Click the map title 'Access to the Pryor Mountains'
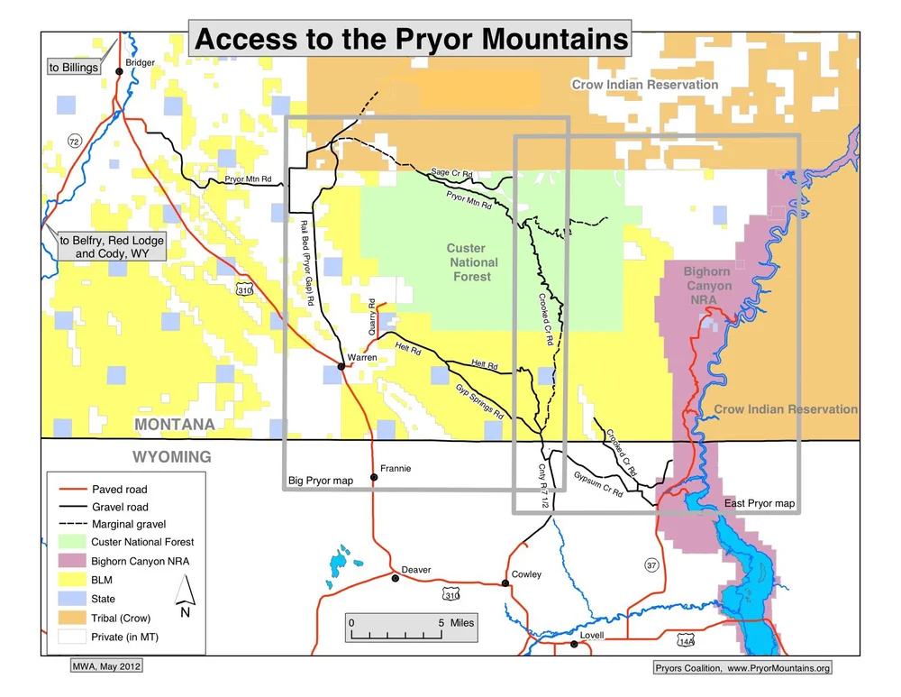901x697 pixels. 410,40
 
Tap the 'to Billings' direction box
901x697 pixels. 74,68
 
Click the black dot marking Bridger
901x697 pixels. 119,71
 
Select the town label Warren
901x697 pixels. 361,357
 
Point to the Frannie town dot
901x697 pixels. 373,477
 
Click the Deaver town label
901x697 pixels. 416,570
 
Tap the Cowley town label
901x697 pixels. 526,574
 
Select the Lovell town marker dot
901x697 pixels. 574,644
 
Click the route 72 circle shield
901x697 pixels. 74,142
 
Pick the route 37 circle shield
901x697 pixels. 651,564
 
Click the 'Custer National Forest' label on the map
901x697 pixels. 471,262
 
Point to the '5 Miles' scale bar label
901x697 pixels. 456,622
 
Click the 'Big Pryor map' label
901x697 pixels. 320,481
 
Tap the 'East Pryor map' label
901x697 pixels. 760,503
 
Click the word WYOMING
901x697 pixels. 173,456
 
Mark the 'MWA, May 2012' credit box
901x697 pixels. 105,666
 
